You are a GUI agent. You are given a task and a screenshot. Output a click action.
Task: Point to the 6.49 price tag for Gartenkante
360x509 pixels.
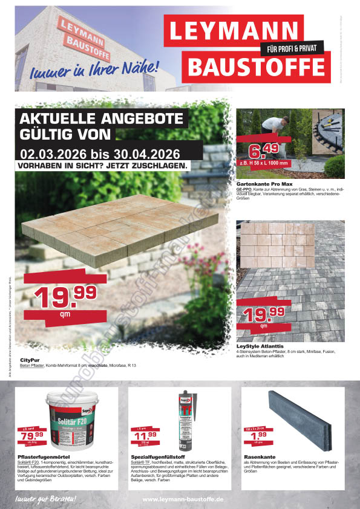264,151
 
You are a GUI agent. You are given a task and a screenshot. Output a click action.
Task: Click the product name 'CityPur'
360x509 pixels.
30,360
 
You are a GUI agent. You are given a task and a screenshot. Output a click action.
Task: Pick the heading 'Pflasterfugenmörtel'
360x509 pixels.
46,458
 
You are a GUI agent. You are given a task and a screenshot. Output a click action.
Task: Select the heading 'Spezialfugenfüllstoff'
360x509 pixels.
159,458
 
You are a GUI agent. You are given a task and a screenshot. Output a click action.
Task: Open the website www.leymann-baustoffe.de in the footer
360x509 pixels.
183,499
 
